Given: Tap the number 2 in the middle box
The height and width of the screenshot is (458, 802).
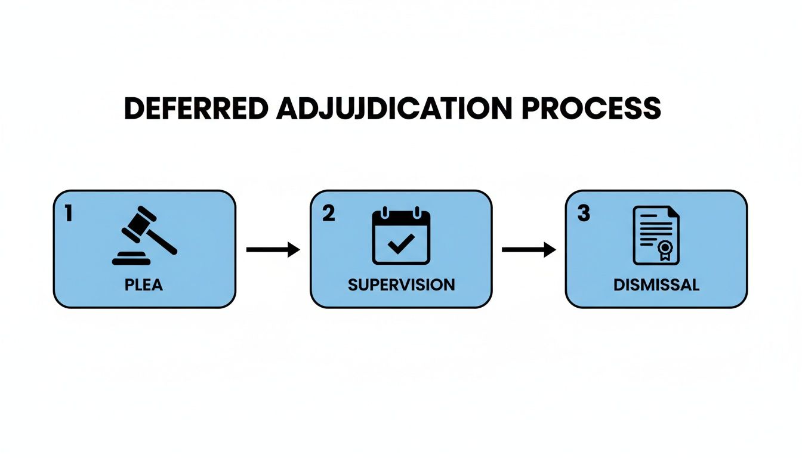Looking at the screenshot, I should pyautogui.click(x=328, y=214).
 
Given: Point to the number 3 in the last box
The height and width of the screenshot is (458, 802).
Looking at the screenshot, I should pyautogui.click(x=584, y=214).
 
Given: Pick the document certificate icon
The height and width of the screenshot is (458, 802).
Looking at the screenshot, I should pyautogui.click(x=656, y=235).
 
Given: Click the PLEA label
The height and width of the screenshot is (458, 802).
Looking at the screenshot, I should pyautogui.click(x=144, y=284).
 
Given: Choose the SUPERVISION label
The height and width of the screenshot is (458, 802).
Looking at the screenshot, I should pyautogui.click(x=401, y=284).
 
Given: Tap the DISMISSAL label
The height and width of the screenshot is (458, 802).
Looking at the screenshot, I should pyautogui.click(x=656, y=284).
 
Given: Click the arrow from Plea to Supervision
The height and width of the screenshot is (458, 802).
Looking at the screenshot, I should pyautogui.click(x=273, y=250).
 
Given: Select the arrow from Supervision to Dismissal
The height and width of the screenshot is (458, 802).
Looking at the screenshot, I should pyautogui.click(x=528, y=250).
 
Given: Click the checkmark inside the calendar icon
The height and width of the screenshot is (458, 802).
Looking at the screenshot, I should pyautogui.click(x=401, y=243).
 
